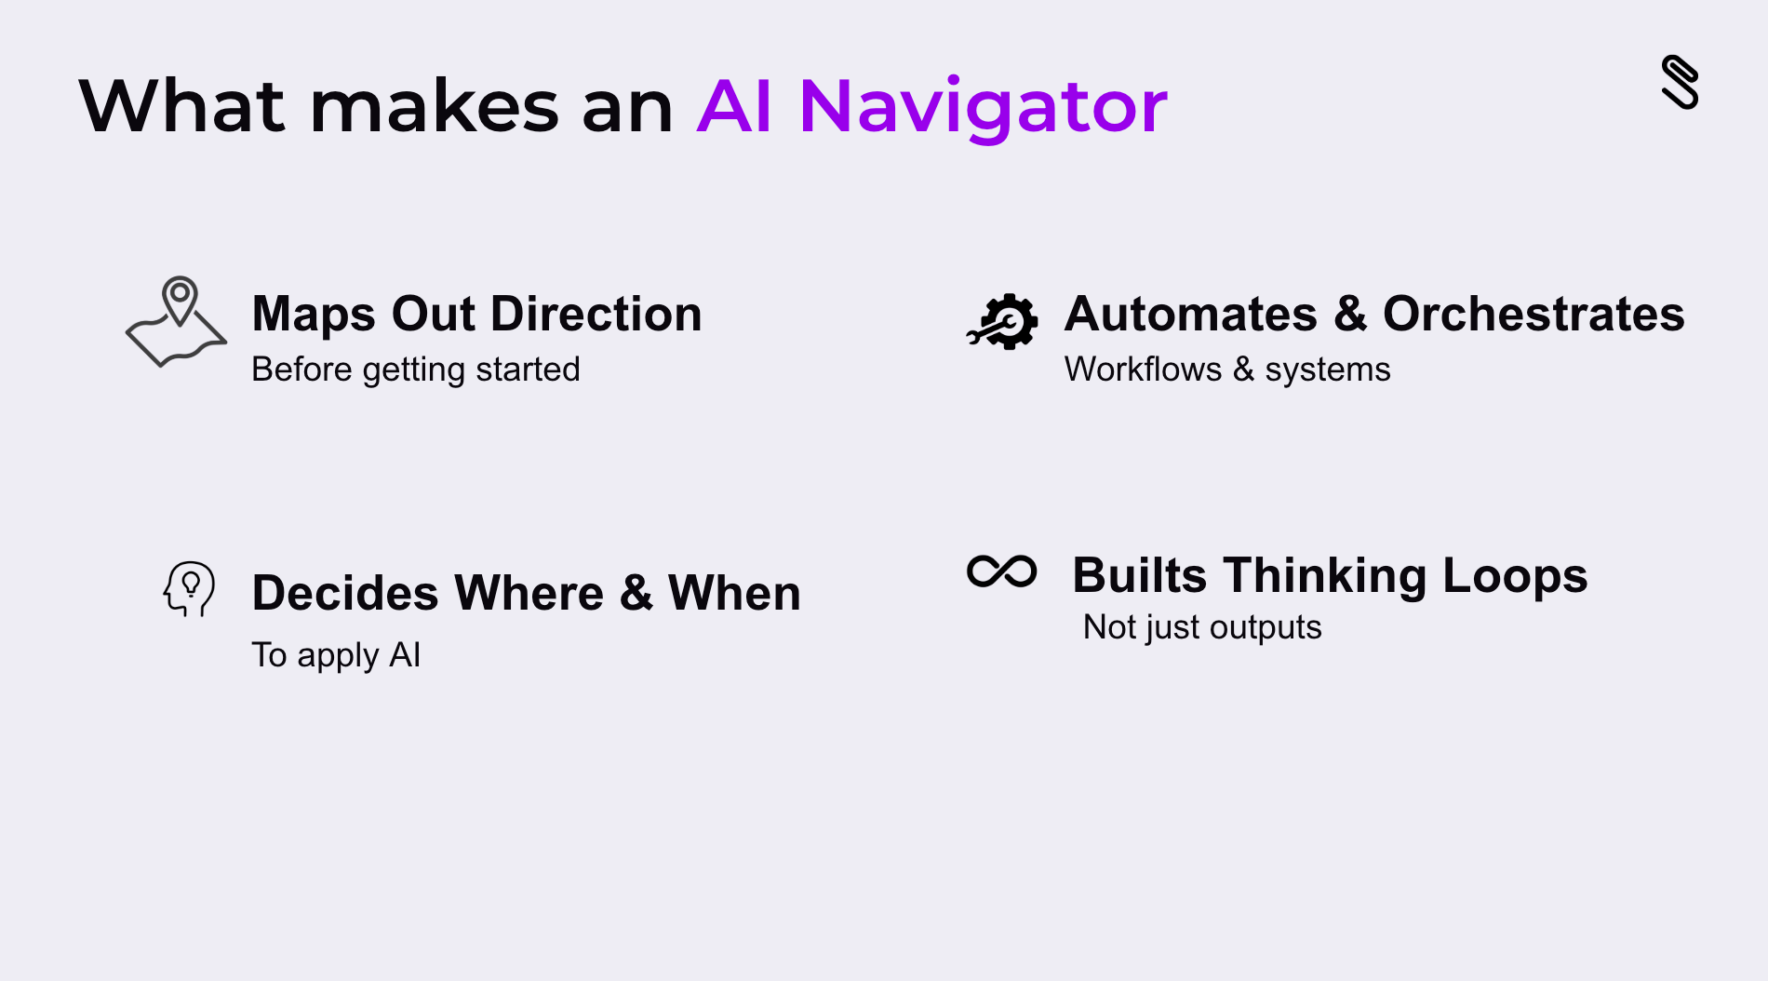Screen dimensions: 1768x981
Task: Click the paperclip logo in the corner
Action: [1680, 82]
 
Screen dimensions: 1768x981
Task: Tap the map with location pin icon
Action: [176, 322]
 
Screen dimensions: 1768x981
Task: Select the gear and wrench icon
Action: [1002, 322]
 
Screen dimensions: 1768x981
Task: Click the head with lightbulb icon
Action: [189, 588]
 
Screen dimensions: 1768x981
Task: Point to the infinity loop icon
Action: [1001, 571]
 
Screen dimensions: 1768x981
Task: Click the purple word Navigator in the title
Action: [983, 107]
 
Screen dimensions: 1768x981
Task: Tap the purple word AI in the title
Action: [734, 106]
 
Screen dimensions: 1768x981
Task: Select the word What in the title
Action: [182, 106]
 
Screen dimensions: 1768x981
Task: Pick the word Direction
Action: [596, 314]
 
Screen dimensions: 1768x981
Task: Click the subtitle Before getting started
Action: [416, 370]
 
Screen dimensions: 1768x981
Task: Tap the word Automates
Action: [1191, 314]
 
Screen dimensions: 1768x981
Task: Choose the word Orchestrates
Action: [1534, 314]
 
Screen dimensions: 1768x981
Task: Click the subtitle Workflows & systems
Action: [1227, 370]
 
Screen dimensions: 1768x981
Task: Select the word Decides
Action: [345, 593]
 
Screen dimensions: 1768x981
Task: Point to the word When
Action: [734, 593]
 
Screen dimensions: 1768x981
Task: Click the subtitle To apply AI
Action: [336, 655]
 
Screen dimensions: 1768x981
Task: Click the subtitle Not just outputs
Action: [1202, 627]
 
